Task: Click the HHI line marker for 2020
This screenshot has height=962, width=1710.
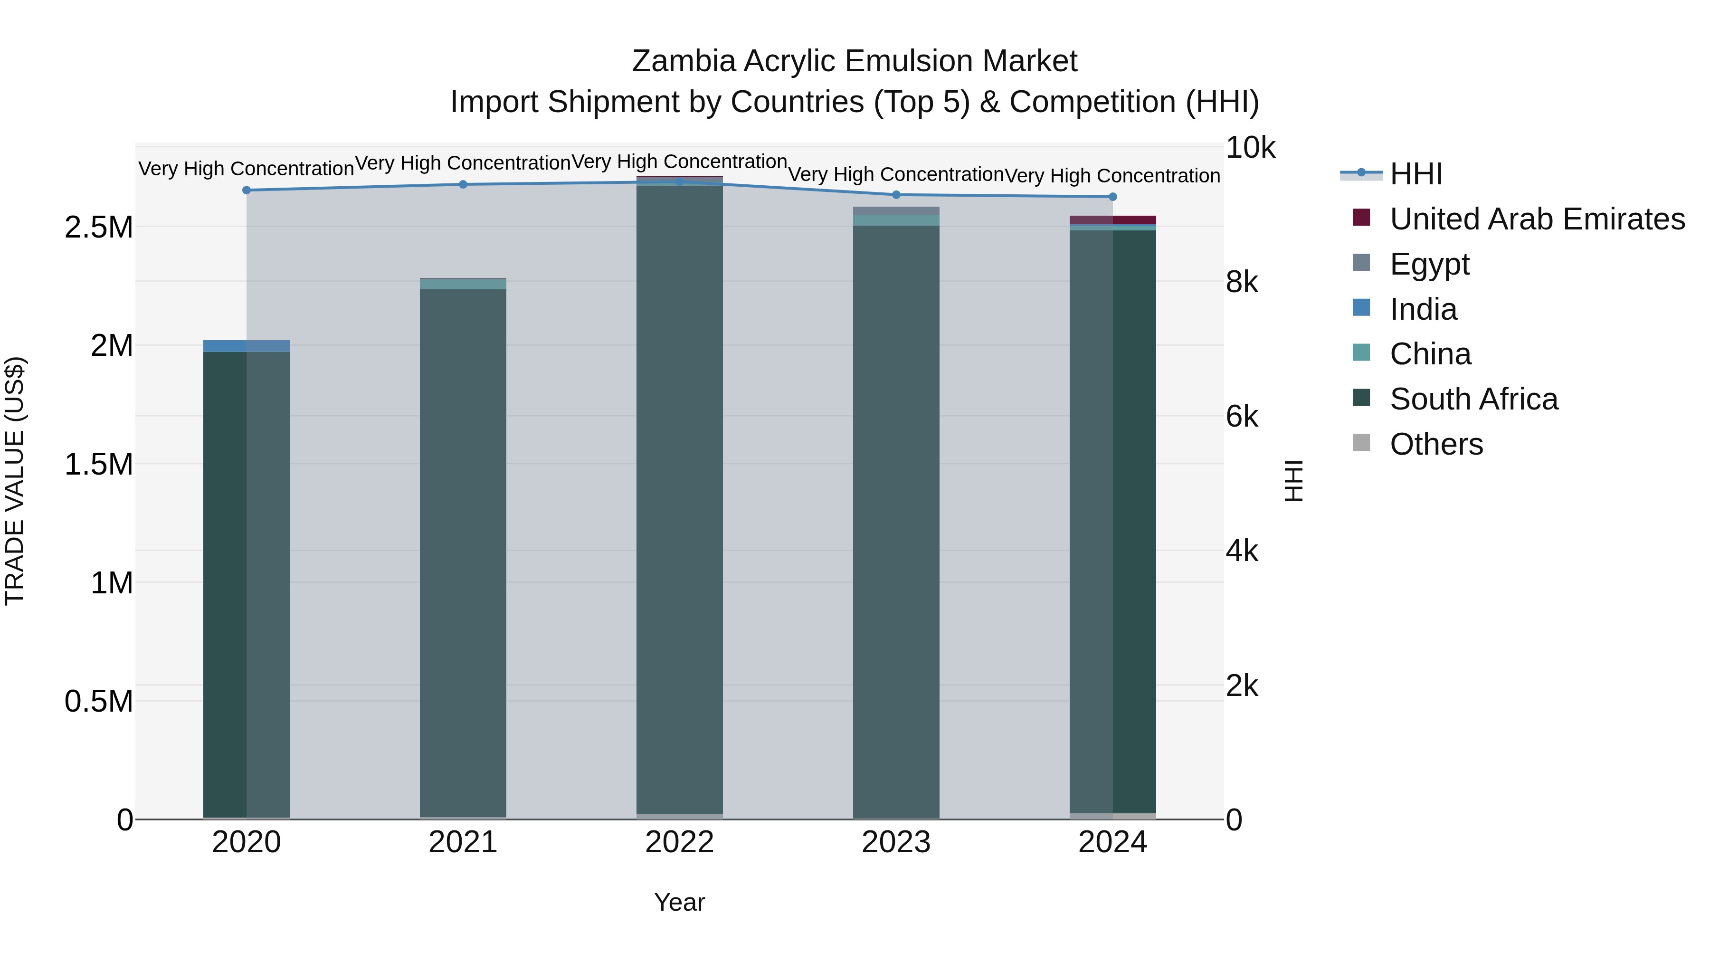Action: point(246,190)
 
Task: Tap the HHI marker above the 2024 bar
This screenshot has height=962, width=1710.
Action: point(1112,197)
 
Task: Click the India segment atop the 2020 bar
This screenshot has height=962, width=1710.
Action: point(246,346)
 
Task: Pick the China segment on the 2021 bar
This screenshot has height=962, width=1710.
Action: point(463,284)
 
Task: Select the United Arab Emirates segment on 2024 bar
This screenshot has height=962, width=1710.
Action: point(1112,220)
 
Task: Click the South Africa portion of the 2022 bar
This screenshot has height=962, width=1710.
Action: point(679,498)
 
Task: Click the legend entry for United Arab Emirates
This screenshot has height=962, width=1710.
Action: point(1536,219)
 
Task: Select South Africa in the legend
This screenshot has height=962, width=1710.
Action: point(1473,399)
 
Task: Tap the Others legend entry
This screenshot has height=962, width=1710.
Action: point(1436,444)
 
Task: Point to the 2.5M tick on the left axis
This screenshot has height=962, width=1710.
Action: point(98,227)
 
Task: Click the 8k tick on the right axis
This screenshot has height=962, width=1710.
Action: point(1241,282)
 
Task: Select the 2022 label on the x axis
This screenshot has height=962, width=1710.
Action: point(679,842)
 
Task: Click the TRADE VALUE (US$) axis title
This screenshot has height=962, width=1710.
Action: point(15,481)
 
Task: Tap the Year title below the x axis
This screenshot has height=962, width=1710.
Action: point(679,902)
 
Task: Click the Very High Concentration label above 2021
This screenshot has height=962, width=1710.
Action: point(463,162)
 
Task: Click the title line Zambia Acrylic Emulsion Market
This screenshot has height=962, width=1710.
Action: point(855,61)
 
